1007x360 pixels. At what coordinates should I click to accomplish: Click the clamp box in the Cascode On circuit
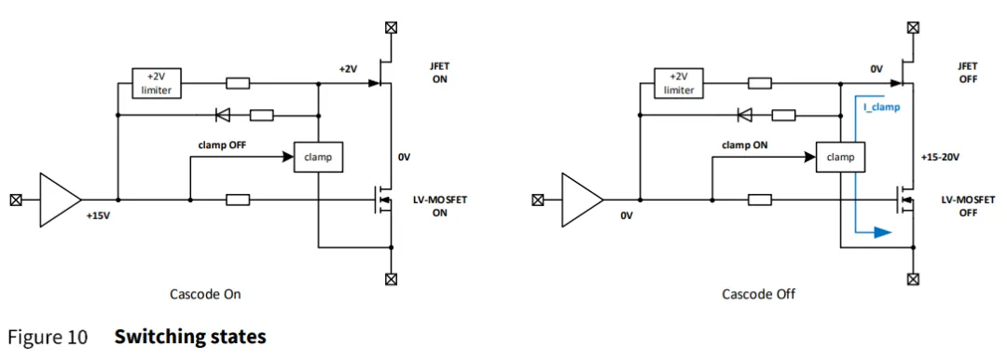point(318,156)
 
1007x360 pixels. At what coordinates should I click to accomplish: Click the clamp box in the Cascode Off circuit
point(841,156)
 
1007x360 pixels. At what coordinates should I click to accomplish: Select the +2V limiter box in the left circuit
point(156,83)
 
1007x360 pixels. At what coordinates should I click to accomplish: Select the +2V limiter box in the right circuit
point(679,83)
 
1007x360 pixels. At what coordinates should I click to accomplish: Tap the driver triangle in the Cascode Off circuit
point(581,200)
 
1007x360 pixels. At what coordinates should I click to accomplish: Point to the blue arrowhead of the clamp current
point(883,232)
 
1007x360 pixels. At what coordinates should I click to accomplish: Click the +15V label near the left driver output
point(99,216)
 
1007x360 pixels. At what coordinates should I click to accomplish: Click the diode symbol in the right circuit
point(746,115)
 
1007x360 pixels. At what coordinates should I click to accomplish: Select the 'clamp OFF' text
point(222,144)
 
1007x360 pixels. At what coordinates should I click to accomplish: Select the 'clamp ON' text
point(745,144)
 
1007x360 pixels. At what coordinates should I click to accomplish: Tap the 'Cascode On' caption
point(205,295)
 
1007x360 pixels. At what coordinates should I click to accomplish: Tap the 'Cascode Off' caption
point(758,295)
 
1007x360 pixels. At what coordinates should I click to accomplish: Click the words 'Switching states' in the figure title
point(190,337)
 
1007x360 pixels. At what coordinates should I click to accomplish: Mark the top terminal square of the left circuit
point(391,28)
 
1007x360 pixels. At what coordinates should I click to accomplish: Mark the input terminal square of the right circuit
point(538,200)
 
